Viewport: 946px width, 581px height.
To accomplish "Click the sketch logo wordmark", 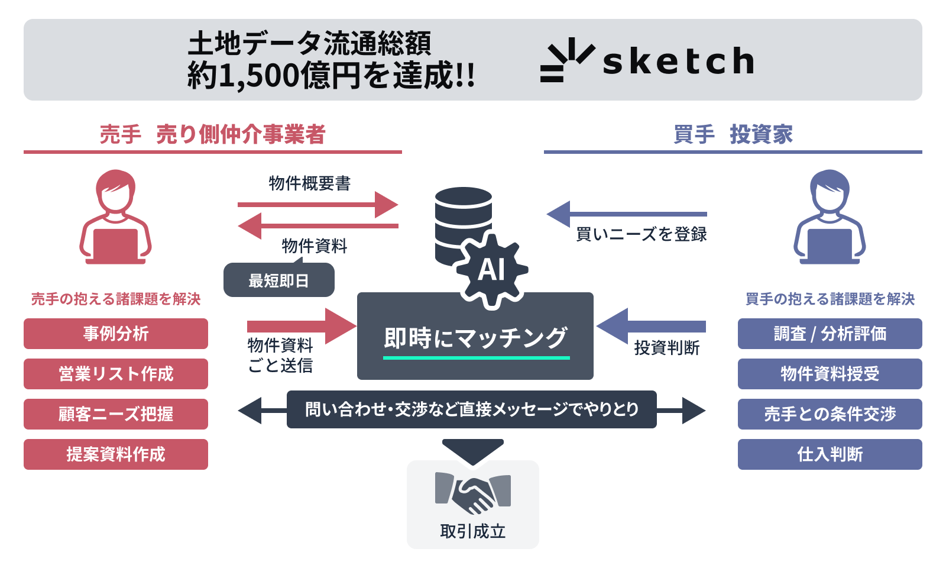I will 678,62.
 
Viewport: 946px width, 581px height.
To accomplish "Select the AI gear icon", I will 491,270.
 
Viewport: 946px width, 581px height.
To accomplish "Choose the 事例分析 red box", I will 116,334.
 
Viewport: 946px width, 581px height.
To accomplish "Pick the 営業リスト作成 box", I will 116,374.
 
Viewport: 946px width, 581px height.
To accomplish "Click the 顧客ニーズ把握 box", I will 116,414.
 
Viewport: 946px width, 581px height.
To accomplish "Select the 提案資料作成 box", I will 116,454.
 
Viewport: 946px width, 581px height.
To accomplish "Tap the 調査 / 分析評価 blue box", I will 830,334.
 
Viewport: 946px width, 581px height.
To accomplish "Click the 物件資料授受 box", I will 830,374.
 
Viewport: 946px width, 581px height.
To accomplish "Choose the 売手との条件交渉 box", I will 830,414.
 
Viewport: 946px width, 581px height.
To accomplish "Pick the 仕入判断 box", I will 830,454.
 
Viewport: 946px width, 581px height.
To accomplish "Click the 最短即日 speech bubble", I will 279,280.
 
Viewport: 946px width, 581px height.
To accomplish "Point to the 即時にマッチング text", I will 476,338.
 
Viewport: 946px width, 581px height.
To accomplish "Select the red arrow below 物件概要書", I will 318,205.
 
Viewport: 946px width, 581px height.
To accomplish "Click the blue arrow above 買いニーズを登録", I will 627,214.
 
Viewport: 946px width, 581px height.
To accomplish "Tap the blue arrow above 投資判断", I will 650,326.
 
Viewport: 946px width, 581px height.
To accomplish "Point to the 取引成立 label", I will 473,531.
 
